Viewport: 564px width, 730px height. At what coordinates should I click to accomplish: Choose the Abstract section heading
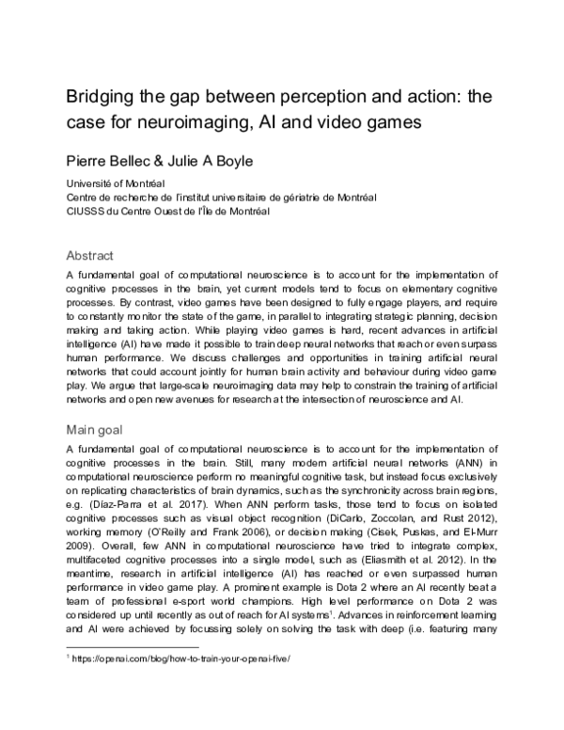click(90, 255)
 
